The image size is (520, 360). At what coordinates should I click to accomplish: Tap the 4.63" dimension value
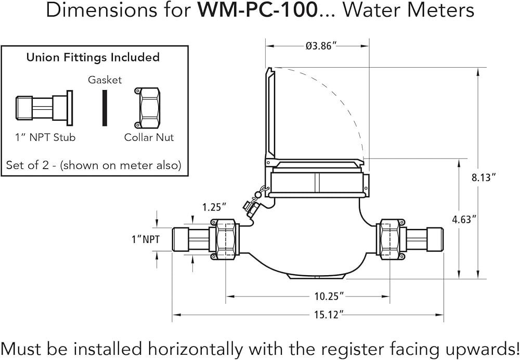pos(464,219)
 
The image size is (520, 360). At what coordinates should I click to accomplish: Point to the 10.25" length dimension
pos(330,297)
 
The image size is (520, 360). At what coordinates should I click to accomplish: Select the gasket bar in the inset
pos(105,108)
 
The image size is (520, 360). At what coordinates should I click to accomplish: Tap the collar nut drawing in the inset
pos(148,108)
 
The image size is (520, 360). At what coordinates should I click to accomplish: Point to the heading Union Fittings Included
pos(93,58)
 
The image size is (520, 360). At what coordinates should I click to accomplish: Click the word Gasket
pos(105,80)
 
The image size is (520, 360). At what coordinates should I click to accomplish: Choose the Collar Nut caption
pos(149,137)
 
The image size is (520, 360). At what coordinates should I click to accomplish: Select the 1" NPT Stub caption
pos(45,137)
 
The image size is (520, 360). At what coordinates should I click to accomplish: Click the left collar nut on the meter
pos(225,239)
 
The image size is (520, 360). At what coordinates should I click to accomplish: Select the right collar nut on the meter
pos(390,239)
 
